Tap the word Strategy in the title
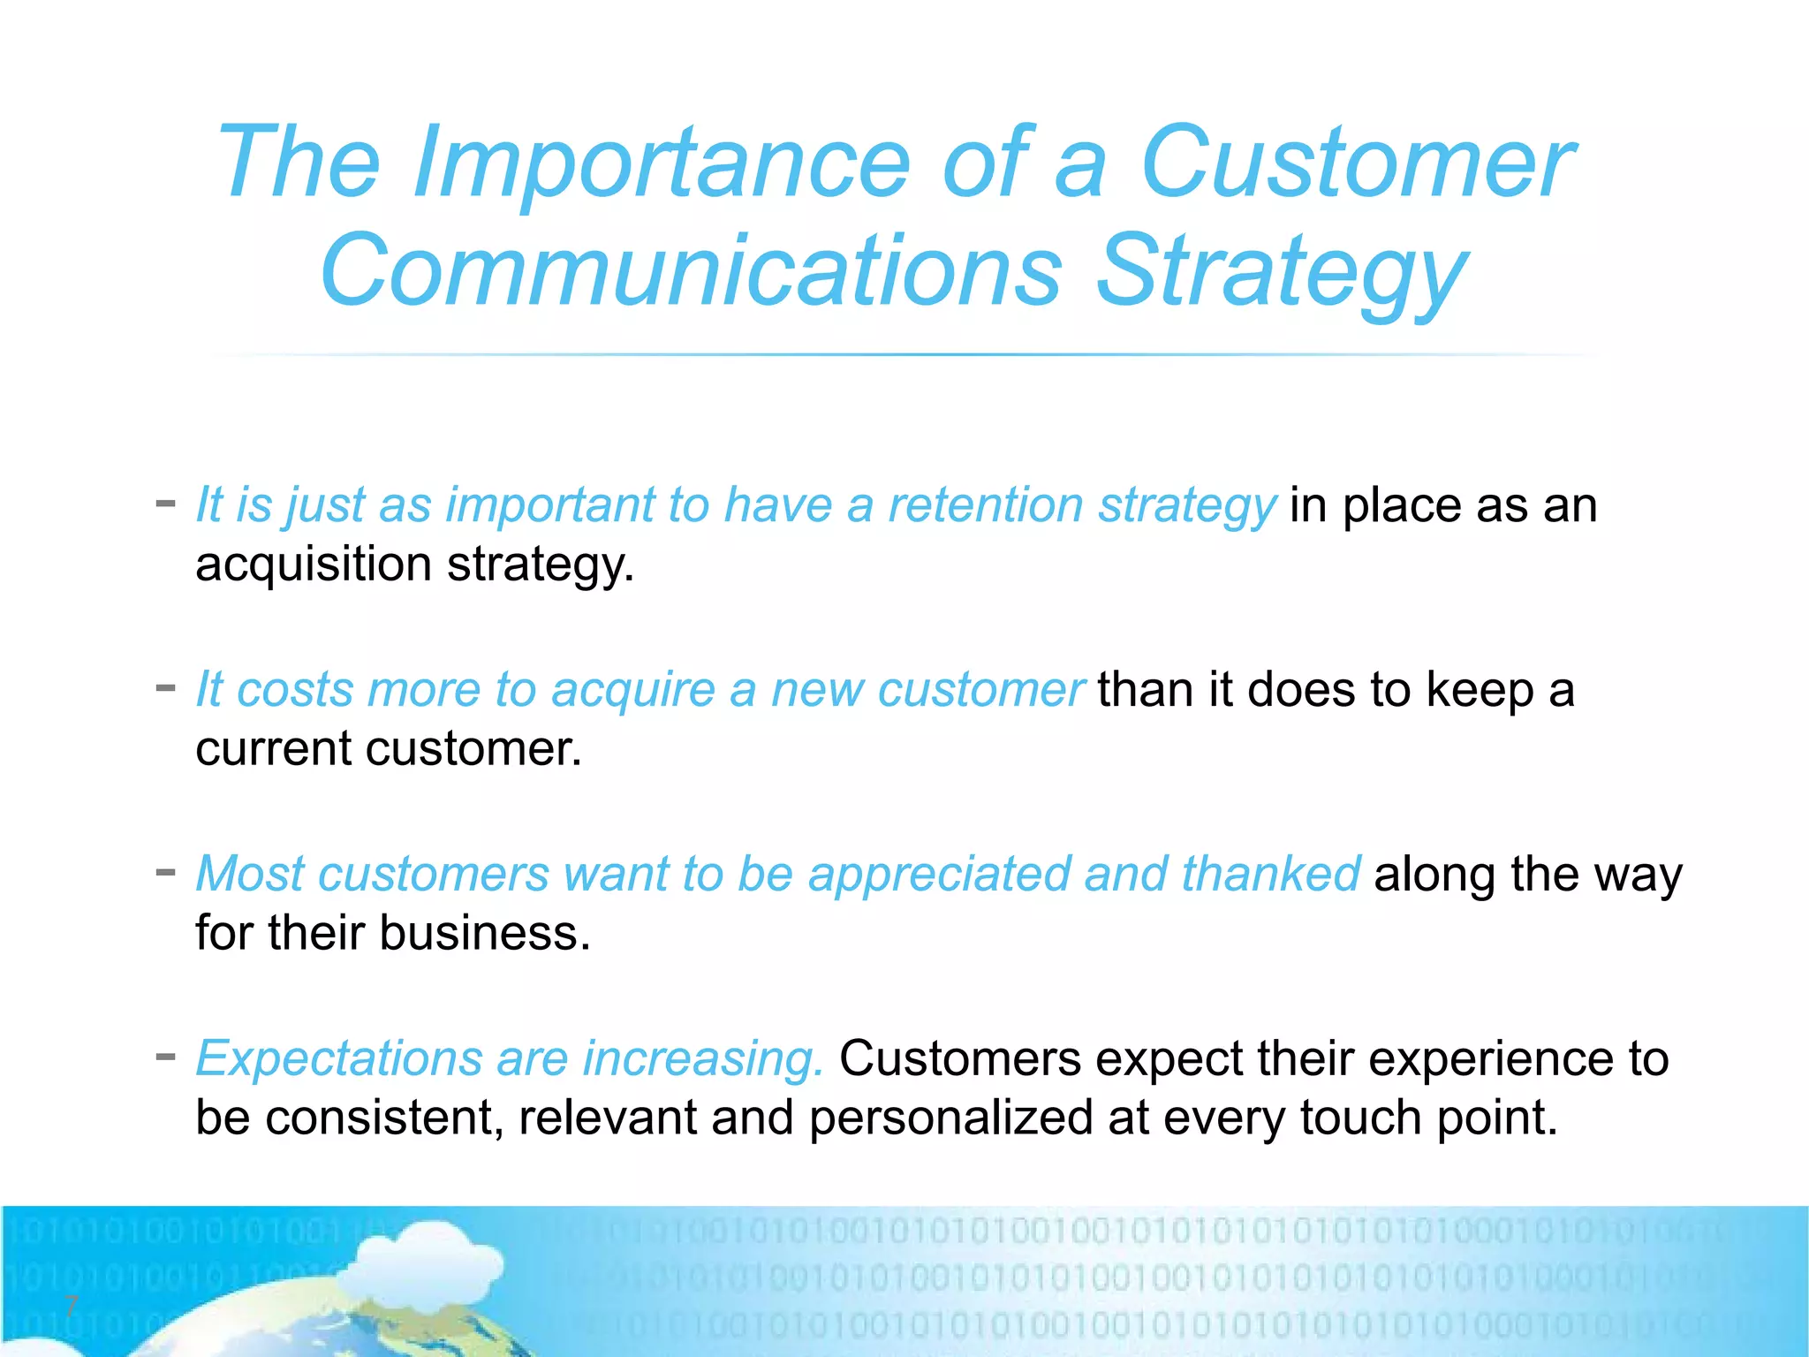coord(1281,272)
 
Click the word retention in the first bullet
coord(985,505)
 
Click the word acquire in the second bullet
coord(632,690)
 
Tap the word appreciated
coord(938,875)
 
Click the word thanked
coord(1270,875)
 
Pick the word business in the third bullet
coord(478,934)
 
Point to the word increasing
coord(703,1059)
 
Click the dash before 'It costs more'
coord(165,688)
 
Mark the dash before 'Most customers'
coord(165,873)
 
